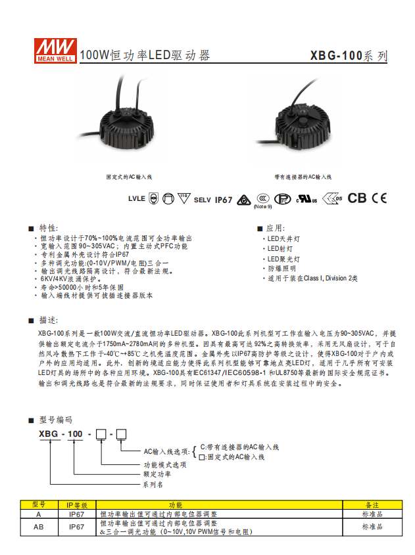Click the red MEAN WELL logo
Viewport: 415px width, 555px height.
coord(56,51)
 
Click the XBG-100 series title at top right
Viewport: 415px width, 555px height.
coord(349,56)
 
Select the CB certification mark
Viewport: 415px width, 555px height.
coord(356,198)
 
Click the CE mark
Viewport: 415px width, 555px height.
coord(379,198)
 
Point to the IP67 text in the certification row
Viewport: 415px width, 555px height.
coord(223,200)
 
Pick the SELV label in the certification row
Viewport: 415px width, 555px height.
coord(203,200)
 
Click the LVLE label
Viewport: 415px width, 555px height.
coord(136,198)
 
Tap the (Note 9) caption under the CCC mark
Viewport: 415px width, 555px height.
coord(262,207)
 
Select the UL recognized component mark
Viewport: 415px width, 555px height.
coord(306,199)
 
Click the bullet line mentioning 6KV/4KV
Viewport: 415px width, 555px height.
coord(67,279)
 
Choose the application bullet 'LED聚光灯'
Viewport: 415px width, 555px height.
coord(281,259)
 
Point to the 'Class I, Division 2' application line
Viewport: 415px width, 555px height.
coord(310,278)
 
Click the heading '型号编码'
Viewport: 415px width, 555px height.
coord(55,420)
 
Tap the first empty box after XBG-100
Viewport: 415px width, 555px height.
coord(101,434)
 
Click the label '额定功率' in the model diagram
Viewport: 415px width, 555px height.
coord(157,474)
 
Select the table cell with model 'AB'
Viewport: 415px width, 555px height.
coord(39,527)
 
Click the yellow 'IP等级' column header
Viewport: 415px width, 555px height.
coord(77,505)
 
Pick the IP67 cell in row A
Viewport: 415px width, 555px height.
coord(76,514)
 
